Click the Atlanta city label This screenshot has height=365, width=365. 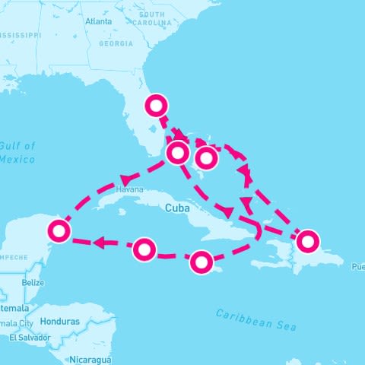(x=99, y=21)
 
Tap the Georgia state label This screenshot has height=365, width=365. (x=116, y=44)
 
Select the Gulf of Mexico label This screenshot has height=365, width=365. (x=17, y=152)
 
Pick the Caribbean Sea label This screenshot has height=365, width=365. (x=255, y=319)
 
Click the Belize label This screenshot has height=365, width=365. (x=33, y=282)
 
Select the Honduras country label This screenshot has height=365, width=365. (x=61, y=322)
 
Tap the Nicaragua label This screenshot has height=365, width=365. (x=90, y=357)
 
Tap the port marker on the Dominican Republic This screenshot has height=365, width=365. (x=307, y=241)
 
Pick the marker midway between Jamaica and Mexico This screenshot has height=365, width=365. (x=144, y=249)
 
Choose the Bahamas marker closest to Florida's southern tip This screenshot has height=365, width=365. (x=177, y=152)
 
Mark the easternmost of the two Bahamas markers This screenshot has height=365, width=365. (x=206, y=158)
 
